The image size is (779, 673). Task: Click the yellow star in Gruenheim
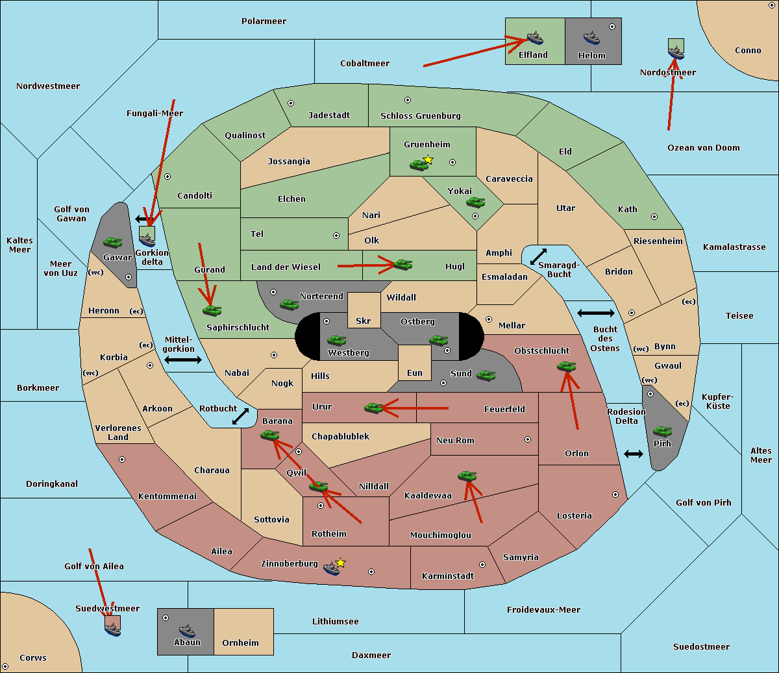click(428, 159)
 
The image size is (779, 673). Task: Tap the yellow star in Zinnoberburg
click(340, 563)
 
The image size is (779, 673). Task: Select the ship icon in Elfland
click(534, 38)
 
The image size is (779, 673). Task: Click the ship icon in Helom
click(591, 38)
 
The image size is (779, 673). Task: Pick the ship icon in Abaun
click(187, 630)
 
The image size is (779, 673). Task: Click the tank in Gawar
click(112, 243)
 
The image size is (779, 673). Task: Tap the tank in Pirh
click(662, 432)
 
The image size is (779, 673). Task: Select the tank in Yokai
click(476, 202)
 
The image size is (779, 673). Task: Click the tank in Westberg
click(336, 340)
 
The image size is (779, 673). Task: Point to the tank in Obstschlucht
click(566, 367)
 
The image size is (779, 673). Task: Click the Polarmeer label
click(264, 21)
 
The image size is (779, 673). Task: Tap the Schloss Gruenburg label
click(420, 116)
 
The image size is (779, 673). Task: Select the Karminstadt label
click(448, 576)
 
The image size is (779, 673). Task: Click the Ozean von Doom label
click(704, 148)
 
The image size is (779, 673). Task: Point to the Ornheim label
click(240, 643)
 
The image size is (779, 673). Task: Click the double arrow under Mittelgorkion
click(183, 360)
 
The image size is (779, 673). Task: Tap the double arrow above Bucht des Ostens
click(595, 313)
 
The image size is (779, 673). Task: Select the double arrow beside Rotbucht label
click(241, 416)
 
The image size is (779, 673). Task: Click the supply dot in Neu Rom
click(528, 439)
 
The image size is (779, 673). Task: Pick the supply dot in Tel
click(336, 236)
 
